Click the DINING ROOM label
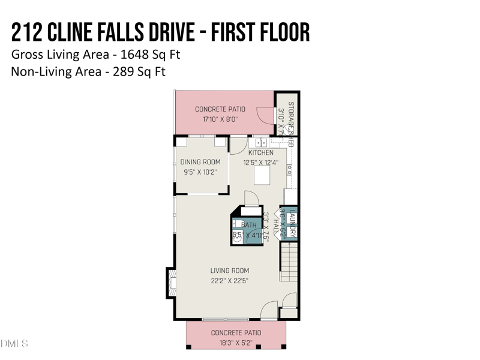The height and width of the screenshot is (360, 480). click(200, 162)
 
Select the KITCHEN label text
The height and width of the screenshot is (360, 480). click(260, 152)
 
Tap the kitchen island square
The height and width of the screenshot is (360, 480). click(262, 175)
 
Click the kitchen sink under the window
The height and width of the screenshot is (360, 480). click(261, 143)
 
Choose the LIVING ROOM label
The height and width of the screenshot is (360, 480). click(229, 271)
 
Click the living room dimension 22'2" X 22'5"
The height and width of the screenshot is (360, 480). click(229, 280)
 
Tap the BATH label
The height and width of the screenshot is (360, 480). click(248, 225)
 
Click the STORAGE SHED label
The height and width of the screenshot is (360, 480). click(291, 123)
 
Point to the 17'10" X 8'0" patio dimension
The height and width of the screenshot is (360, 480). click(220, 119)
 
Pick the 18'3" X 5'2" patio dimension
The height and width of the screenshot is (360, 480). click(236, 343)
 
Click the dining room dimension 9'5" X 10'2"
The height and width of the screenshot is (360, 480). click(200, 172)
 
